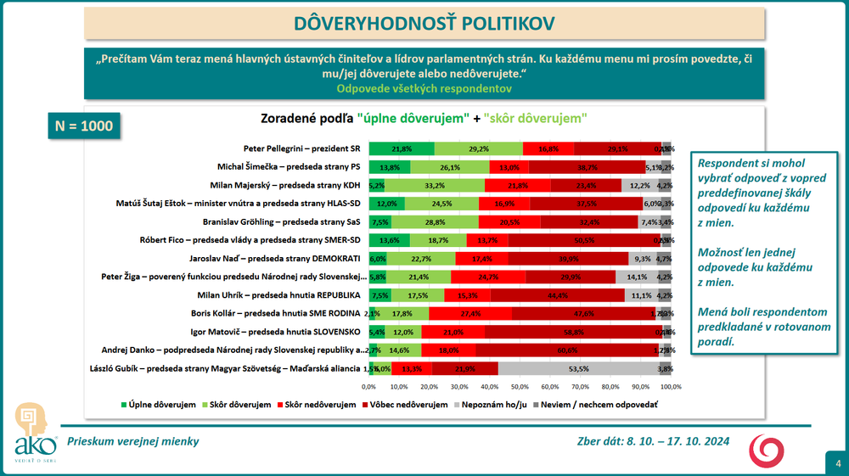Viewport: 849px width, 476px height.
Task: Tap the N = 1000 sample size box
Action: click(x=78, y=126)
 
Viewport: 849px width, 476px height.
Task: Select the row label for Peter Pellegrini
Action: click(x=302, y=148)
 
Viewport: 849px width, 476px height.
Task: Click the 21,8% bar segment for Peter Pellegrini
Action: click(x=401, y=148)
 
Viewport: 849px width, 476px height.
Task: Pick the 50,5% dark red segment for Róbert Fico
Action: click(x=585, y=240)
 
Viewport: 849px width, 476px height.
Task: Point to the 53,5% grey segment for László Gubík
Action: click(x=578, y=369)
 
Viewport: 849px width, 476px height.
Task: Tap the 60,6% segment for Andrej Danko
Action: click(x=567, y=350)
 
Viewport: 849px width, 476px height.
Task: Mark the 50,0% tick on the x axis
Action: click(x=520, y=387)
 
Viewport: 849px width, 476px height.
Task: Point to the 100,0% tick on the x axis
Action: click(x=670, y=387)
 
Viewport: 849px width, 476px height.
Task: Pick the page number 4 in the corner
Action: click(x=837, y=463)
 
